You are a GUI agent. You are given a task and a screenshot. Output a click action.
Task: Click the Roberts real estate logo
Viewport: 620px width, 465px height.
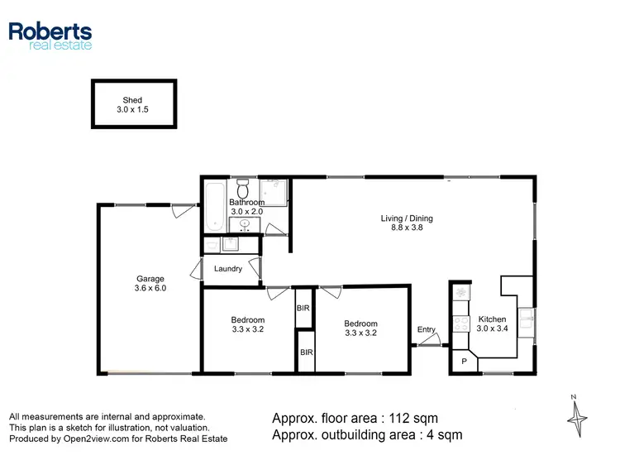50,35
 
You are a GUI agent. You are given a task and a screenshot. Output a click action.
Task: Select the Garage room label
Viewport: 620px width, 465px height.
150,279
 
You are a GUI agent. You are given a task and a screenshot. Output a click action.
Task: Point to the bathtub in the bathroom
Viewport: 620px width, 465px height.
212,207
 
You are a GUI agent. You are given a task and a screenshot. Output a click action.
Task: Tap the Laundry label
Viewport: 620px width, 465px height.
227,269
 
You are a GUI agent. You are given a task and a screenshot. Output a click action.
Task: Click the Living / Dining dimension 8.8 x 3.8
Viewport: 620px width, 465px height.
407,228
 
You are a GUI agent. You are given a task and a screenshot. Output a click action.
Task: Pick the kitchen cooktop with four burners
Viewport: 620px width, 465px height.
460,323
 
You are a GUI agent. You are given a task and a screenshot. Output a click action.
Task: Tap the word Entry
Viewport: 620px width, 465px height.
426,330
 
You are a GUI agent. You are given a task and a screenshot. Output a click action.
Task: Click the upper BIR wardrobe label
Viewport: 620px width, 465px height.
303,308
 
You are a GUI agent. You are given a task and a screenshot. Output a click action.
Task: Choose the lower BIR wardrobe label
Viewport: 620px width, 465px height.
306,352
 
